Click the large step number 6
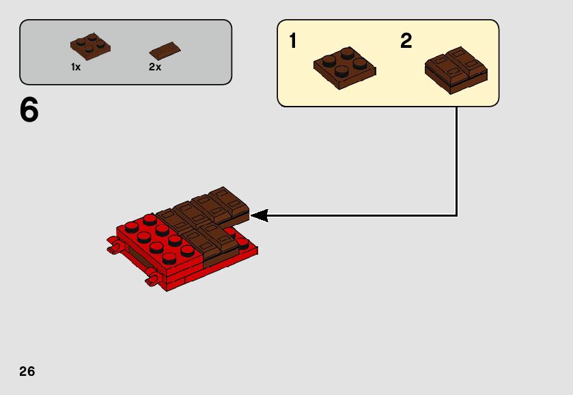click(x=29, y=111)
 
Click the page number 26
click(x=27, y=372)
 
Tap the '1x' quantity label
click(x=76, y=68)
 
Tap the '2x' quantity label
click(x=155, y=68)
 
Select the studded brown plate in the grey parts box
click(x=90, y=46)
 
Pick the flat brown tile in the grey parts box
click(x=165, y=51)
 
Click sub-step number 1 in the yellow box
click(x=293, y=42)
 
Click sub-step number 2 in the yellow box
click(x=406, y=42)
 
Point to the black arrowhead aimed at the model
click(x=259, y=215)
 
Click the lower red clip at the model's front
click(x=153, y=279)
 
